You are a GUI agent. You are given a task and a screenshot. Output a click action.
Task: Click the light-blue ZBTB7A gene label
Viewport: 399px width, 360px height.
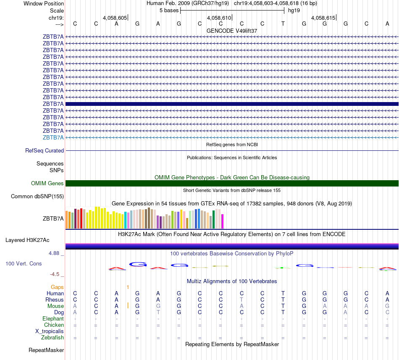coord(53,137)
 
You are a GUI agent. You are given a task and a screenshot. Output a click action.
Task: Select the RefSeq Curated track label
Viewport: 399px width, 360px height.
coord(45,150)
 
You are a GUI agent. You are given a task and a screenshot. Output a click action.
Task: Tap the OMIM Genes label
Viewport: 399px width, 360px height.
coord(47,183)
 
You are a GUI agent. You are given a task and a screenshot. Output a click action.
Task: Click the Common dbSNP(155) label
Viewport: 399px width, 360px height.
coord(37,196)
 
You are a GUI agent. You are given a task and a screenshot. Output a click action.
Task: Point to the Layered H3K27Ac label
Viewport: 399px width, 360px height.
coord(27,240)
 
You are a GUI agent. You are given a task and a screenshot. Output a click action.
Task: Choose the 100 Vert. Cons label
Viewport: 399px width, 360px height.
coord(24,263)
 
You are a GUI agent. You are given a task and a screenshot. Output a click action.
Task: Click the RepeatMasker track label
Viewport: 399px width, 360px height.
coord(46,350)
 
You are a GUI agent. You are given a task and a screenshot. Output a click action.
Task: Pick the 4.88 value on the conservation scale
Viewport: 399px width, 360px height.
coord(54,253)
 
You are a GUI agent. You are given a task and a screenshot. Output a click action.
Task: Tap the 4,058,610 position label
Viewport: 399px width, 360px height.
coord(219,18)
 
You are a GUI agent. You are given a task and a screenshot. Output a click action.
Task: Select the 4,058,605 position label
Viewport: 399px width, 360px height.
coord(115,18)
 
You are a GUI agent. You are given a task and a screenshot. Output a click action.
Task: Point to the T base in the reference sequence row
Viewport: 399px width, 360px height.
coord(283,24)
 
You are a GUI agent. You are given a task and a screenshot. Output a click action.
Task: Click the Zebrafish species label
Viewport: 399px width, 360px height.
coord(52,337)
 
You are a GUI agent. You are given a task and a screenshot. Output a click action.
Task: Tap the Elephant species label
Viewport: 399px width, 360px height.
coord(53,318)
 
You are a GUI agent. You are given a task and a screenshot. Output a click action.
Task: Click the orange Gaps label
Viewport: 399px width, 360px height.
coord(57,287)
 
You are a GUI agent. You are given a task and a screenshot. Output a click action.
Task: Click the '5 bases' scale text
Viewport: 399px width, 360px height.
coord(169,10)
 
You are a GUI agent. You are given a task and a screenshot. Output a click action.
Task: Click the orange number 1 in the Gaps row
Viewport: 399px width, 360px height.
coord(128,287)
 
